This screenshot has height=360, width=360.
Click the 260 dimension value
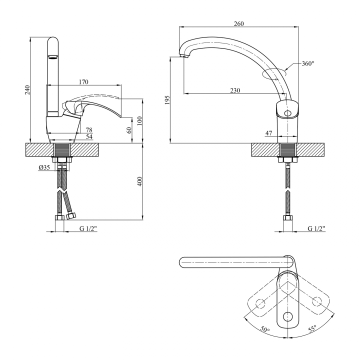click(239, 23)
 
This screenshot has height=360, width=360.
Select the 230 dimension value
click(235, 90)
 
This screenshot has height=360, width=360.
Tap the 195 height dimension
click(167, 100)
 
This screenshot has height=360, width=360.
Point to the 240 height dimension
click(27, 90)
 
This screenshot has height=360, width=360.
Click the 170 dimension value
click(83, 82)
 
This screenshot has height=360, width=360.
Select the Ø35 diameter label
click(44, 167)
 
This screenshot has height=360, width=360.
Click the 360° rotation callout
click(308, 63)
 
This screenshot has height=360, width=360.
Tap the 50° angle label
click(265, 329)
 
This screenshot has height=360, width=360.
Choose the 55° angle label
click(312, 328)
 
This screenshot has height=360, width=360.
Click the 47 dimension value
click(268, 133)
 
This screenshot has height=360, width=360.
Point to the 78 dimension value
click(89, 130)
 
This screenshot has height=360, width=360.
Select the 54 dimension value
click(89, 137)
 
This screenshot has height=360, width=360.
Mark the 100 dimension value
click(139, 121)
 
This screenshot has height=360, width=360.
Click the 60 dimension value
click(129, 130)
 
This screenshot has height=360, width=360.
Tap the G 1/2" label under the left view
click(88, 228)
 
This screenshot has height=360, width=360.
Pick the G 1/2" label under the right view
click(316, 228)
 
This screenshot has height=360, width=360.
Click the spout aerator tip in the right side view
click(183, 56)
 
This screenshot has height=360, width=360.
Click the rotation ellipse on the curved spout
click(274, 73)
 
